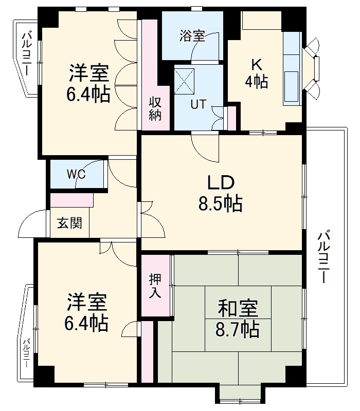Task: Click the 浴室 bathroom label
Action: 192,36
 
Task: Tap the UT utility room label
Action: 199,104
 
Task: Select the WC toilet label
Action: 76,174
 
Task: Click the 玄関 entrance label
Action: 69,224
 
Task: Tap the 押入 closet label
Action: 155,286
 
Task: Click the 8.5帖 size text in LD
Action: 221,204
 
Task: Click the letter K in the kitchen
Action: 256,65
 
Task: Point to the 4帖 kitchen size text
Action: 256,82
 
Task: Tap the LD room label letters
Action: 221,182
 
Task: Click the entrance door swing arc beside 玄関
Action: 32,225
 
